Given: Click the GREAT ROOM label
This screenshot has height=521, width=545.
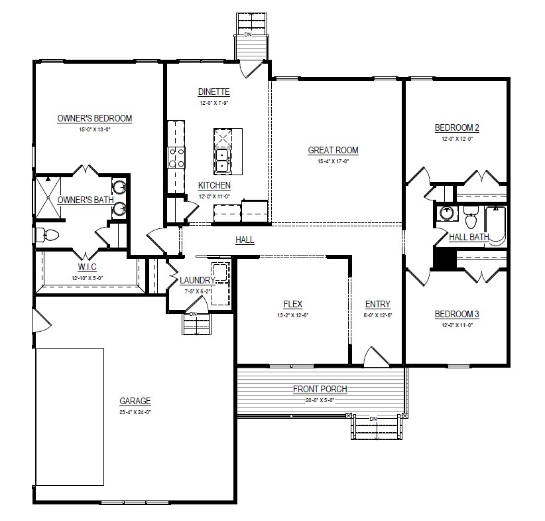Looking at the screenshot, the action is (333, 151).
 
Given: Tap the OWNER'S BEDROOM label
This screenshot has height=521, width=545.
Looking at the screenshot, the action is (95, 118).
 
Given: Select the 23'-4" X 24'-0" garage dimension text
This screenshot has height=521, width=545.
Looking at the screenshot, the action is (135, 412).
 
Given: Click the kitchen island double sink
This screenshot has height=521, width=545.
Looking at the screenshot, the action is (223, 161).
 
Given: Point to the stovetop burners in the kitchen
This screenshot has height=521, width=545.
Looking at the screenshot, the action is (176, 158).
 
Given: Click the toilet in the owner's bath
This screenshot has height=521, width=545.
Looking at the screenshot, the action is (46, 235).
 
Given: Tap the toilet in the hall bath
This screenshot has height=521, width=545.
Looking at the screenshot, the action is (470, 217).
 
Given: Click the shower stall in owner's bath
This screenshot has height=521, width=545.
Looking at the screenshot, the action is (48, 198).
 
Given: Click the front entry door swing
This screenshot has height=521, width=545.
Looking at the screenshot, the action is (376, 356).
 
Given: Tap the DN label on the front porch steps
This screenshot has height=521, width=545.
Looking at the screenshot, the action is (373, 419).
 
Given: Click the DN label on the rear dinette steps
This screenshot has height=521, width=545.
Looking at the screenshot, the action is (248, 35).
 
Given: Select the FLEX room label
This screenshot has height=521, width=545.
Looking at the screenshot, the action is (292, 304).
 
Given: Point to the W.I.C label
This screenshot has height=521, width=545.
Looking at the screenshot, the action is (87, 267).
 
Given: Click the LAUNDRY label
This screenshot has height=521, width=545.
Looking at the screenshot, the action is (197, 280).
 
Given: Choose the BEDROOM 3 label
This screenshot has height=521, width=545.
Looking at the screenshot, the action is (457, 315).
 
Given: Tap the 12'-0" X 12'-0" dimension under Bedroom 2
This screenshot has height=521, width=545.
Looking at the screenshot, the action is (457, 139).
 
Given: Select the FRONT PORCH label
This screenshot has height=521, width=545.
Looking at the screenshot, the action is (320, 389).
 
